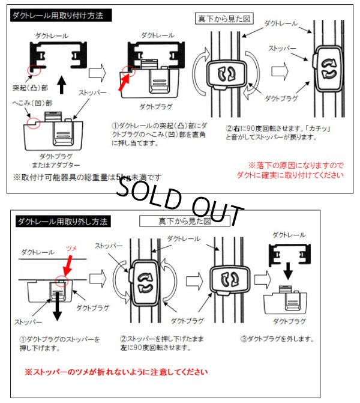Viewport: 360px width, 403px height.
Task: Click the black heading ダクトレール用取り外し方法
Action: (62, 222)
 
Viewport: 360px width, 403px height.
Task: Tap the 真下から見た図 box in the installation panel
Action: (225, 18)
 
